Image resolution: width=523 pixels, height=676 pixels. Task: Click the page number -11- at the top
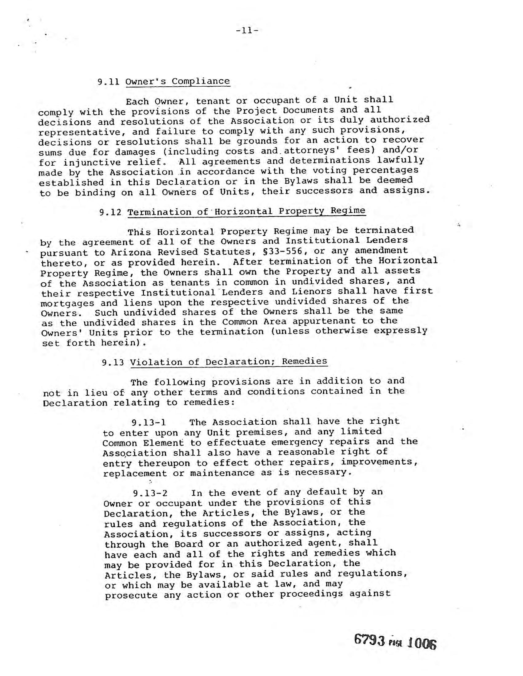pos(247,30)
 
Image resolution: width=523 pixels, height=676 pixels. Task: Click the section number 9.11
pos(108,82)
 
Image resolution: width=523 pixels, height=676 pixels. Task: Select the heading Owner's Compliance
pos(178,81)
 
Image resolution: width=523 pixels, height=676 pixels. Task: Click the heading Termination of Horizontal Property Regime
pos(246,211)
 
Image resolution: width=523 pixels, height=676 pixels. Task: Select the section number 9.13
pos(113,363)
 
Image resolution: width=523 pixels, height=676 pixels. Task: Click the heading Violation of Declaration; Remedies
pos(229,362)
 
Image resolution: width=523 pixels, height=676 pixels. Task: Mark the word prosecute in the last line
pos(131,595)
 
